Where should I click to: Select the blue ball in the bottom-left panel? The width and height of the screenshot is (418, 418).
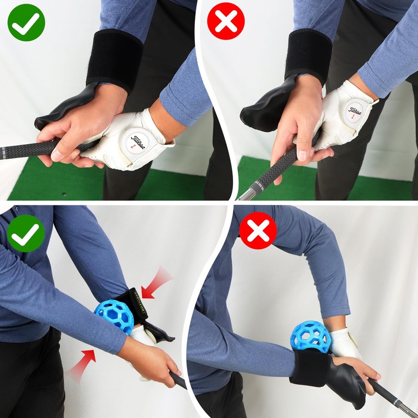[x=113, y=317]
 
